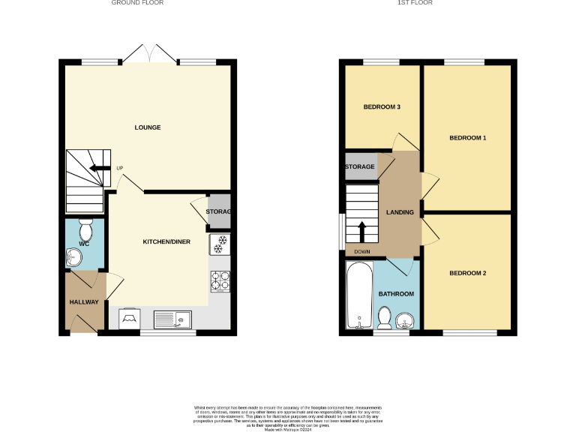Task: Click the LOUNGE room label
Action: (148, 127)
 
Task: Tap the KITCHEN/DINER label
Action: (166, 241)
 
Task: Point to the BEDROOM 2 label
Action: (468, 273)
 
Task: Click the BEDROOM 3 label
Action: (382, 107)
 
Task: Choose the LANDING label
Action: (400, 212)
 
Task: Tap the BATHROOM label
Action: (396, 294)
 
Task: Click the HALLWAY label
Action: (84, 302)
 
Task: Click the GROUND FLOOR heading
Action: (137, 3)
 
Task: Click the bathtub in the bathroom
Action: (359, 295)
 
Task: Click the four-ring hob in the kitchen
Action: (220, 280)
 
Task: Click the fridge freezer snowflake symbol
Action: (220, 243)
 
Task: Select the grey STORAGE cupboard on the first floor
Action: (360, 166)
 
